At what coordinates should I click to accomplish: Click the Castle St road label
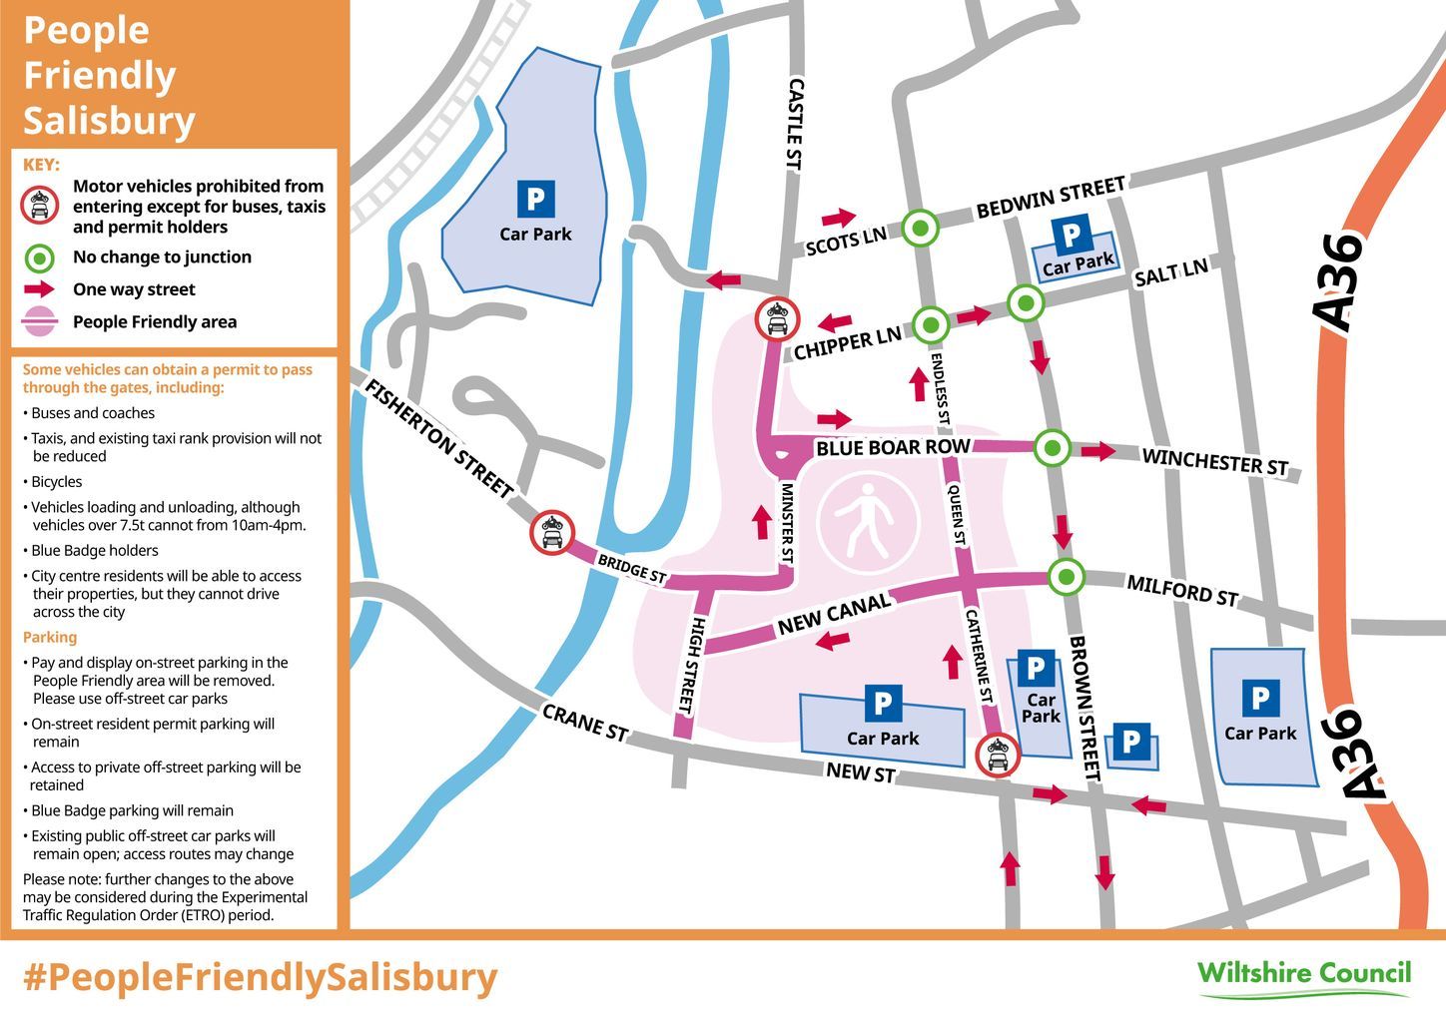(796, 125)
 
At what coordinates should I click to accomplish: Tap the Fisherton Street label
(439, 439)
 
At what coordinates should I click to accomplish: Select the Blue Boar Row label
(892, 447)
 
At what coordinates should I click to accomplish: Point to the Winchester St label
(1214, 462)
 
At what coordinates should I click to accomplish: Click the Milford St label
(1182, 590)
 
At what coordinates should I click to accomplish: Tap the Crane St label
(585, 723)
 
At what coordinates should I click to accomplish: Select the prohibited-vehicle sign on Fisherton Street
(552, 532)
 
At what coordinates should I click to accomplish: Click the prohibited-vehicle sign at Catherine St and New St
(997, 755)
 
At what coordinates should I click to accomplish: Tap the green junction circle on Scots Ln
(921, 229)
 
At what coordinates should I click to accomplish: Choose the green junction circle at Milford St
(1067, 576)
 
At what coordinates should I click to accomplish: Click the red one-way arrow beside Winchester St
(1098, 451)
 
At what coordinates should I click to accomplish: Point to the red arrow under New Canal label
(832, 641)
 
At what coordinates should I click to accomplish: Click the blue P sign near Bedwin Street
(1072, 236)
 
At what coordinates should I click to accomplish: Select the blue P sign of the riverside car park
(535, 199)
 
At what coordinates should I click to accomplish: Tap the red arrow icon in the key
(39, 289)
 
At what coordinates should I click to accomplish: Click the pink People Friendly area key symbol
(39, 321)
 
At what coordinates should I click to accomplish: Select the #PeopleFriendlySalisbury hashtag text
(260, 977)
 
